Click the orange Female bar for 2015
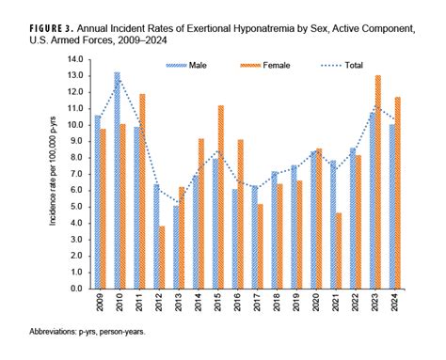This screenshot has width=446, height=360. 221,197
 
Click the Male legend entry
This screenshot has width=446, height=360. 194,66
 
